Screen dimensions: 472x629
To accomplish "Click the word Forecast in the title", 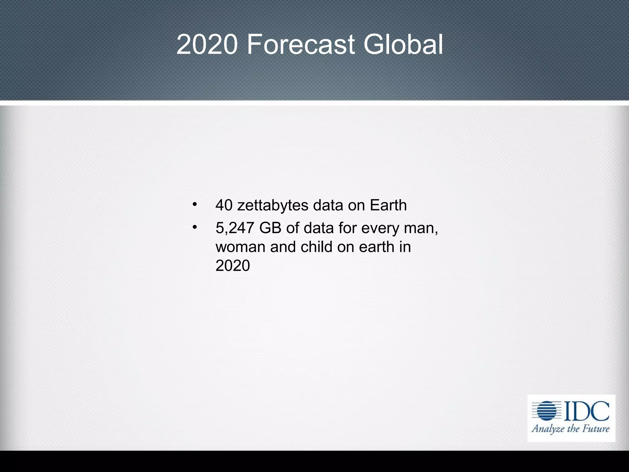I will click(301, 45).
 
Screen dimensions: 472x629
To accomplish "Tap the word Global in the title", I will click(403, 45).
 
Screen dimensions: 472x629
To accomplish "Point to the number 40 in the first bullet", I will click(224, 205).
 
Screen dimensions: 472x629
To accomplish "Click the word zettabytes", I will click(273, 205).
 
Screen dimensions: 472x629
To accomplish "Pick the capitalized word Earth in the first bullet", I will click(388, 205).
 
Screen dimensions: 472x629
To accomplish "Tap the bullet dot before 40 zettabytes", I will click(194, 204).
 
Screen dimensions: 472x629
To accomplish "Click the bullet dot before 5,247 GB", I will click(194, 227).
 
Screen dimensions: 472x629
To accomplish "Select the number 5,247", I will click(235, 228).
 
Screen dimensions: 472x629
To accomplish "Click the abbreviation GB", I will click(270, 228).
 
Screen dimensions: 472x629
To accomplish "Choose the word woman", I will click(240, 247).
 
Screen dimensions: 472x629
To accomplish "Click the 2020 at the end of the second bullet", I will click(232, 266).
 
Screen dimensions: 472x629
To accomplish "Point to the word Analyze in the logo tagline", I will click(547, 429).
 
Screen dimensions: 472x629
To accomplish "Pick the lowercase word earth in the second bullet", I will click(377, 247).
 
